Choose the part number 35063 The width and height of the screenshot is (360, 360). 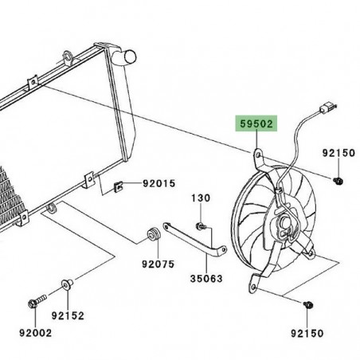coord(205,279)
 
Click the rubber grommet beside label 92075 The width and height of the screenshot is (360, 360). coord(150,236)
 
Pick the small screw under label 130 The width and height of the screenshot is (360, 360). coord(204,227)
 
